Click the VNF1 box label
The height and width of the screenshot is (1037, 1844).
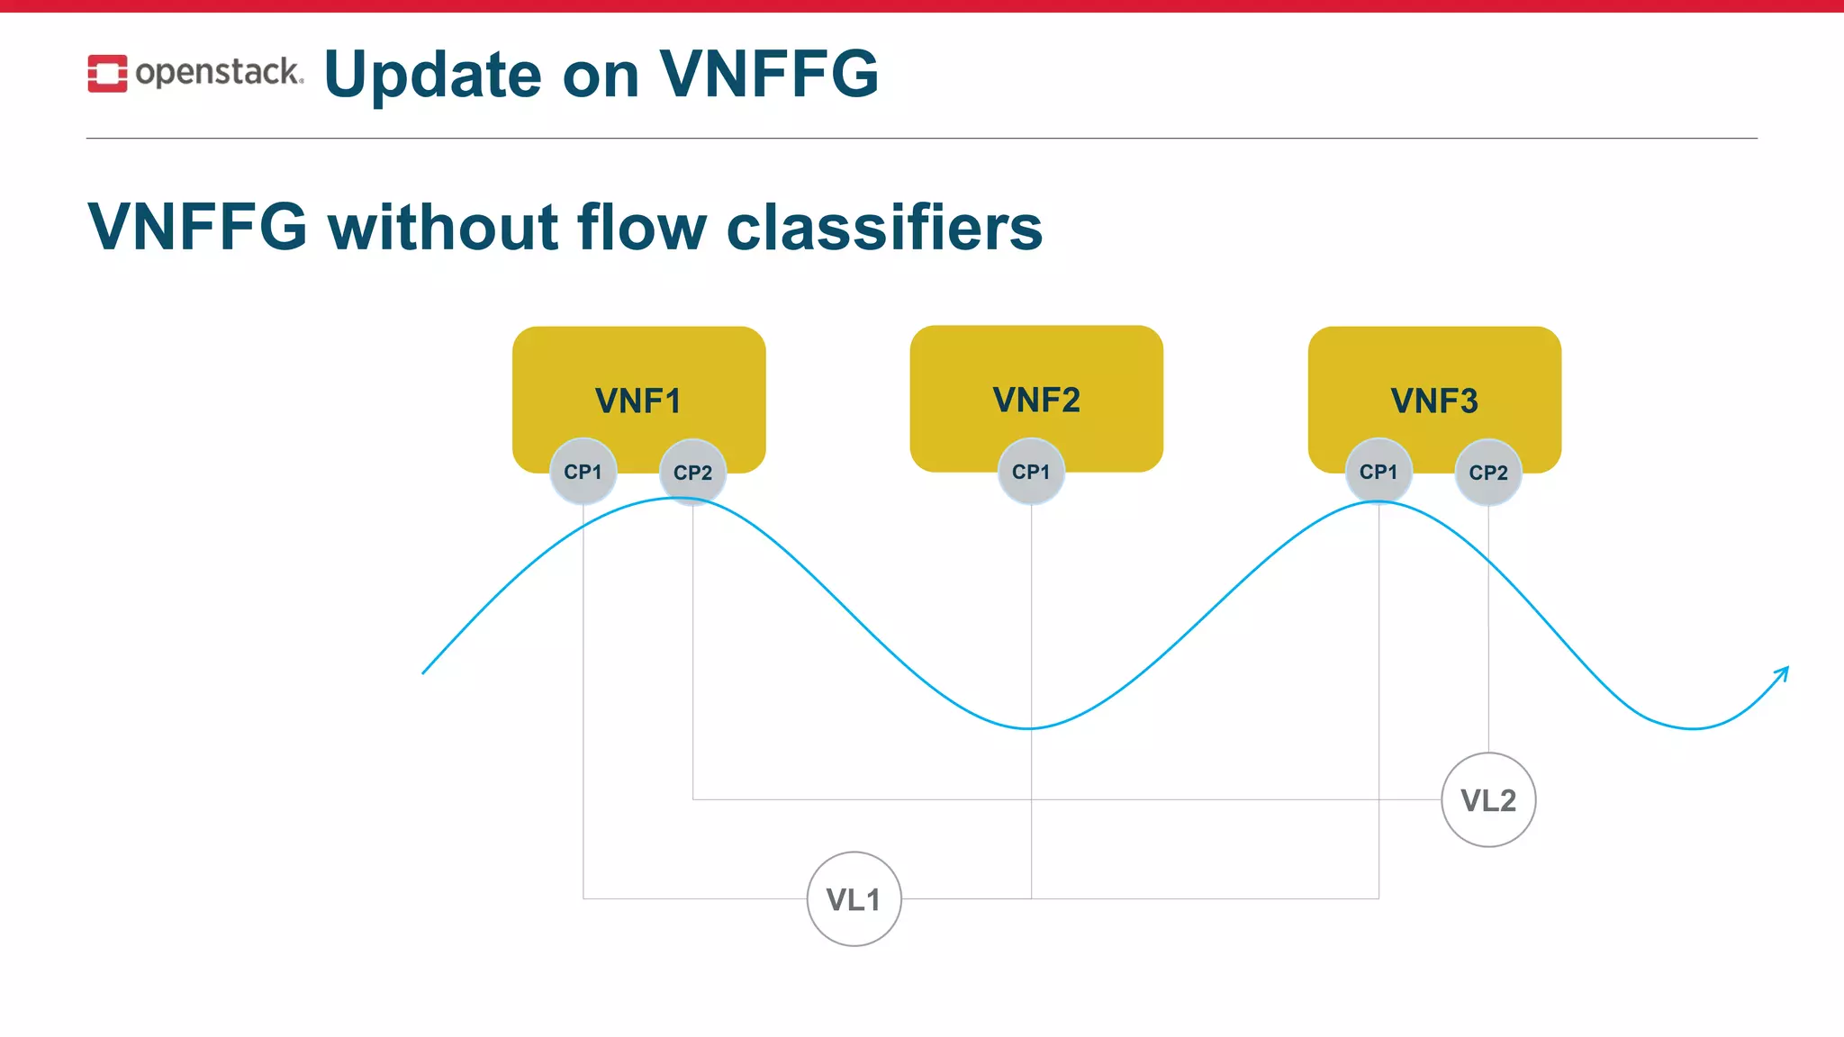tap(637, 401)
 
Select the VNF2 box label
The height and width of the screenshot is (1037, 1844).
tap(1036, 400)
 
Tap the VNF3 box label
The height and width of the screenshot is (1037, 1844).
tap(1434, 401)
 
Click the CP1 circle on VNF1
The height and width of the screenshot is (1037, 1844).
tap(583, 472)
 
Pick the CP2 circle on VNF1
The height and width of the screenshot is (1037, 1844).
tap(692, 473)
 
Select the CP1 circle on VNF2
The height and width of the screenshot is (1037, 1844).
tap(1031, 472)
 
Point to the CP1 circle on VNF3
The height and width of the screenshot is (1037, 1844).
tap(1378, 472)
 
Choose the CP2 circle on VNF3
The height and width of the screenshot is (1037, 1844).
tap(1488, 473)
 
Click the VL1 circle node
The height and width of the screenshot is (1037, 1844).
tap(854, 899)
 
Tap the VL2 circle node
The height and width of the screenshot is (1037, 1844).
tap(1488, 800)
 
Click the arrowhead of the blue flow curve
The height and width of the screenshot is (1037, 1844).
tap(1784, 671)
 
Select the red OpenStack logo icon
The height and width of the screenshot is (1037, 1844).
tap(107, 73)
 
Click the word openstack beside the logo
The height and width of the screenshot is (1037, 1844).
tap(218, 72)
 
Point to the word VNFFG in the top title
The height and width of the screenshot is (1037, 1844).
tap(769, 74)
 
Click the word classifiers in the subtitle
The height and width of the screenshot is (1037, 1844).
tap(884, 227)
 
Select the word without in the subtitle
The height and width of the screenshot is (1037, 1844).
tap(443, 227)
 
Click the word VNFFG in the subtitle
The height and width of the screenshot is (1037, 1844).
tap(198, 227)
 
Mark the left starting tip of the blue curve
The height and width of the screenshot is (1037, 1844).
tap(424, 672)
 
